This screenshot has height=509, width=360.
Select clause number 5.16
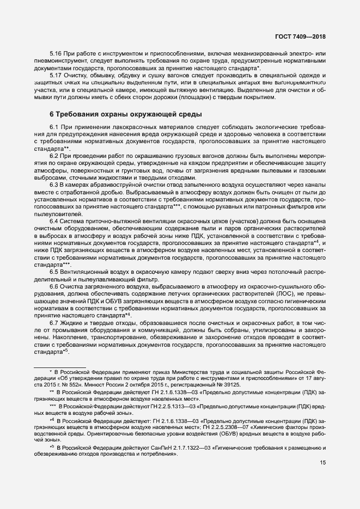[56, 54]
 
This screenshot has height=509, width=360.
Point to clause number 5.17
[56, 75]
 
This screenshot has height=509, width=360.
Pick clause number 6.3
[54, 185]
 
